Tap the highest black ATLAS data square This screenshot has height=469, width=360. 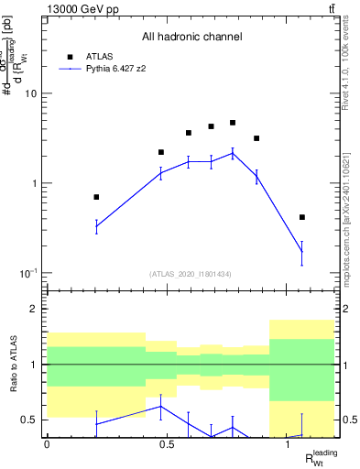pos(233,123)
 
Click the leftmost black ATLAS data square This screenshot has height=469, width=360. pos(96,197)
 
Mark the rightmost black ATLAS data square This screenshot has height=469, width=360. pos(302,217)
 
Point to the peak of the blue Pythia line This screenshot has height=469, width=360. pos(233,153)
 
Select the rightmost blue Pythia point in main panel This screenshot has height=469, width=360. pos(302,252)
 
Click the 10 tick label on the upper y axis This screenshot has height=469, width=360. pos(31,93)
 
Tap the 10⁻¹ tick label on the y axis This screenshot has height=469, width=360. pos(29,273)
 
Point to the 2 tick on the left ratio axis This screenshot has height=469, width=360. pos(35,310)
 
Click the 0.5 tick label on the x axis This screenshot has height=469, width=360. pos(167,444)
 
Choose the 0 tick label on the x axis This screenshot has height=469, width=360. pos(47,444)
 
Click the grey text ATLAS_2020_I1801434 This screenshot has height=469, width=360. pos(191,274)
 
